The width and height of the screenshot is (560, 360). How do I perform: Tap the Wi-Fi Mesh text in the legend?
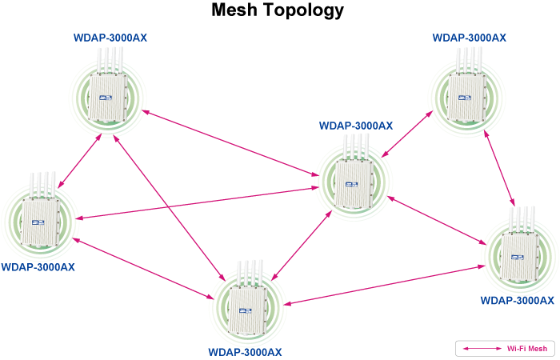527,349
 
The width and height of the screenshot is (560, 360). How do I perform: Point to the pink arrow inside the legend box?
480,349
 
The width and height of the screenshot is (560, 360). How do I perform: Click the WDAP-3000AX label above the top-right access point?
469,38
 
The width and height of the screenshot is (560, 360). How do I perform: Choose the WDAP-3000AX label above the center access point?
355,126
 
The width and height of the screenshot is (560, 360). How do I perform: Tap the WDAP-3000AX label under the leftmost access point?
38,267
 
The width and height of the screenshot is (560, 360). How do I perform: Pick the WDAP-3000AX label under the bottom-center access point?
245,352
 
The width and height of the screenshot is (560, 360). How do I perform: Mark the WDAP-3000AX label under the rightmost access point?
517,301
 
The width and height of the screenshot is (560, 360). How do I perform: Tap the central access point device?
354,182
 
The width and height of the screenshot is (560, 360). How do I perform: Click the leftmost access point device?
37,219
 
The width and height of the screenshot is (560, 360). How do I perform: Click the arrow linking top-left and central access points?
232,142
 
